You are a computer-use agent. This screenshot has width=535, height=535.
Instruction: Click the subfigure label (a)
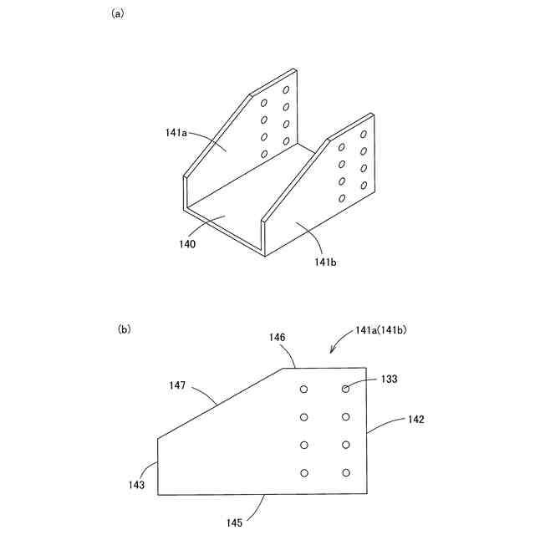117,14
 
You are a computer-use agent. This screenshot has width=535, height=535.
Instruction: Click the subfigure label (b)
124,329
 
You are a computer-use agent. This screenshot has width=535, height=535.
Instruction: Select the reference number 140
187,244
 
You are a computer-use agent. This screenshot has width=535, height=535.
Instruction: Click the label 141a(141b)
380,331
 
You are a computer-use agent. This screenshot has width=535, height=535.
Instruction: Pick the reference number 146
278,337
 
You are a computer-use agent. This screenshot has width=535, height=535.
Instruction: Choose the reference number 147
176,386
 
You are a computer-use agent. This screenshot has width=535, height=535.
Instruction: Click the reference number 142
415,420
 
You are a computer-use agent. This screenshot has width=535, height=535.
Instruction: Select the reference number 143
137,485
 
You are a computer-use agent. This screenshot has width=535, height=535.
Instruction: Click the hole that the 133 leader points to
345,389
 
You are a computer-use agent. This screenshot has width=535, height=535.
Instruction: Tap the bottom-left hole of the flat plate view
304,473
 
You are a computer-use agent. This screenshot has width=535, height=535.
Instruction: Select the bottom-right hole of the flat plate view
345,473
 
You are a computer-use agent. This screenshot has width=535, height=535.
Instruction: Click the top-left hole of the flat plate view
304,389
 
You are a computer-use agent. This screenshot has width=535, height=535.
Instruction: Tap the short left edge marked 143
158,465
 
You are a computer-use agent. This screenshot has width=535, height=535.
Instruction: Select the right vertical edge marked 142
368,431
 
